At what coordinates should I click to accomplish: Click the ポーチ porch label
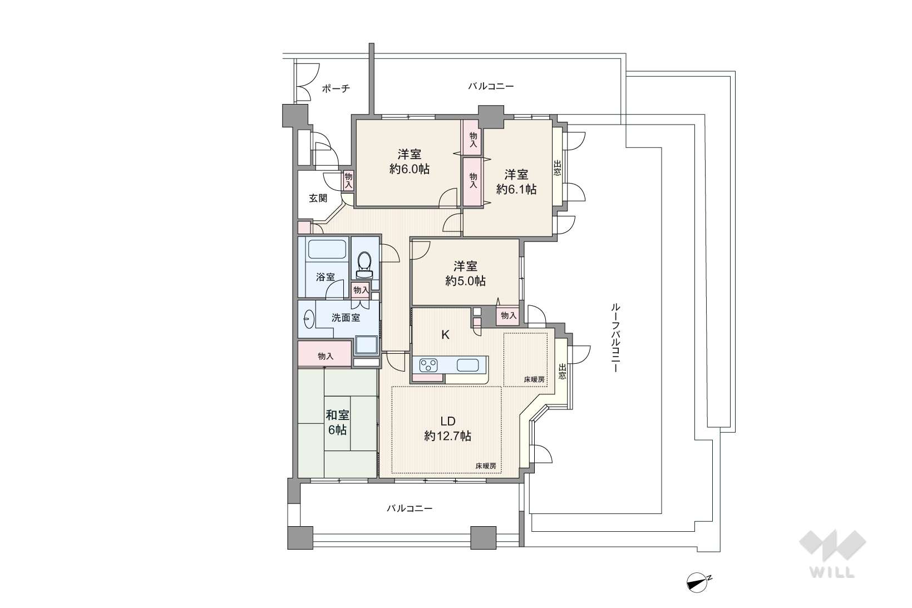336,88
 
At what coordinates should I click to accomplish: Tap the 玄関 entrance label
318,198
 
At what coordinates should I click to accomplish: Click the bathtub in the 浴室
327,249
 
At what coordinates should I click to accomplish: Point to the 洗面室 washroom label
346,318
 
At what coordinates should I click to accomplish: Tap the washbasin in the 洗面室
309,319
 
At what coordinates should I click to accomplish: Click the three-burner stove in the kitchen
428,365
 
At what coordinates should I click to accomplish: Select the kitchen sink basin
467,365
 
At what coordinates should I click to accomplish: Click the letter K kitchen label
445,335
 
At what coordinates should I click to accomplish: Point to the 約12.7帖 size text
448,436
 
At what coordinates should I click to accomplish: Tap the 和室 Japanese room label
338,415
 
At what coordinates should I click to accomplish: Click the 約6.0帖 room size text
409,169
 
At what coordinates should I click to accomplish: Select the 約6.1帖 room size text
516,189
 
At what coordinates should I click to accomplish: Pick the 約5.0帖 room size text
465,281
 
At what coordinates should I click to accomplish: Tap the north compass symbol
698,583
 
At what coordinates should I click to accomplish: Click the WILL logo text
832,572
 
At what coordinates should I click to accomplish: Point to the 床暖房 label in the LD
486,466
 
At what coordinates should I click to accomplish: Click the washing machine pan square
366,345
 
